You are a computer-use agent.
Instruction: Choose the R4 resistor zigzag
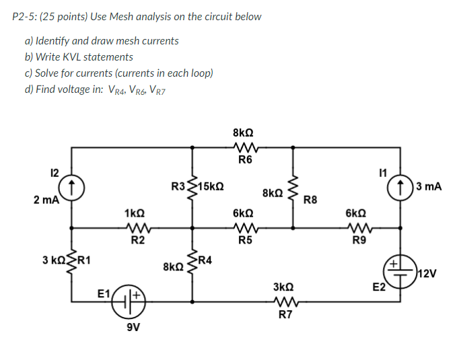194,264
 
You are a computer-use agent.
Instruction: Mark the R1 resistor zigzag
71,264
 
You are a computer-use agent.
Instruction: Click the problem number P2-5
27,16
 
